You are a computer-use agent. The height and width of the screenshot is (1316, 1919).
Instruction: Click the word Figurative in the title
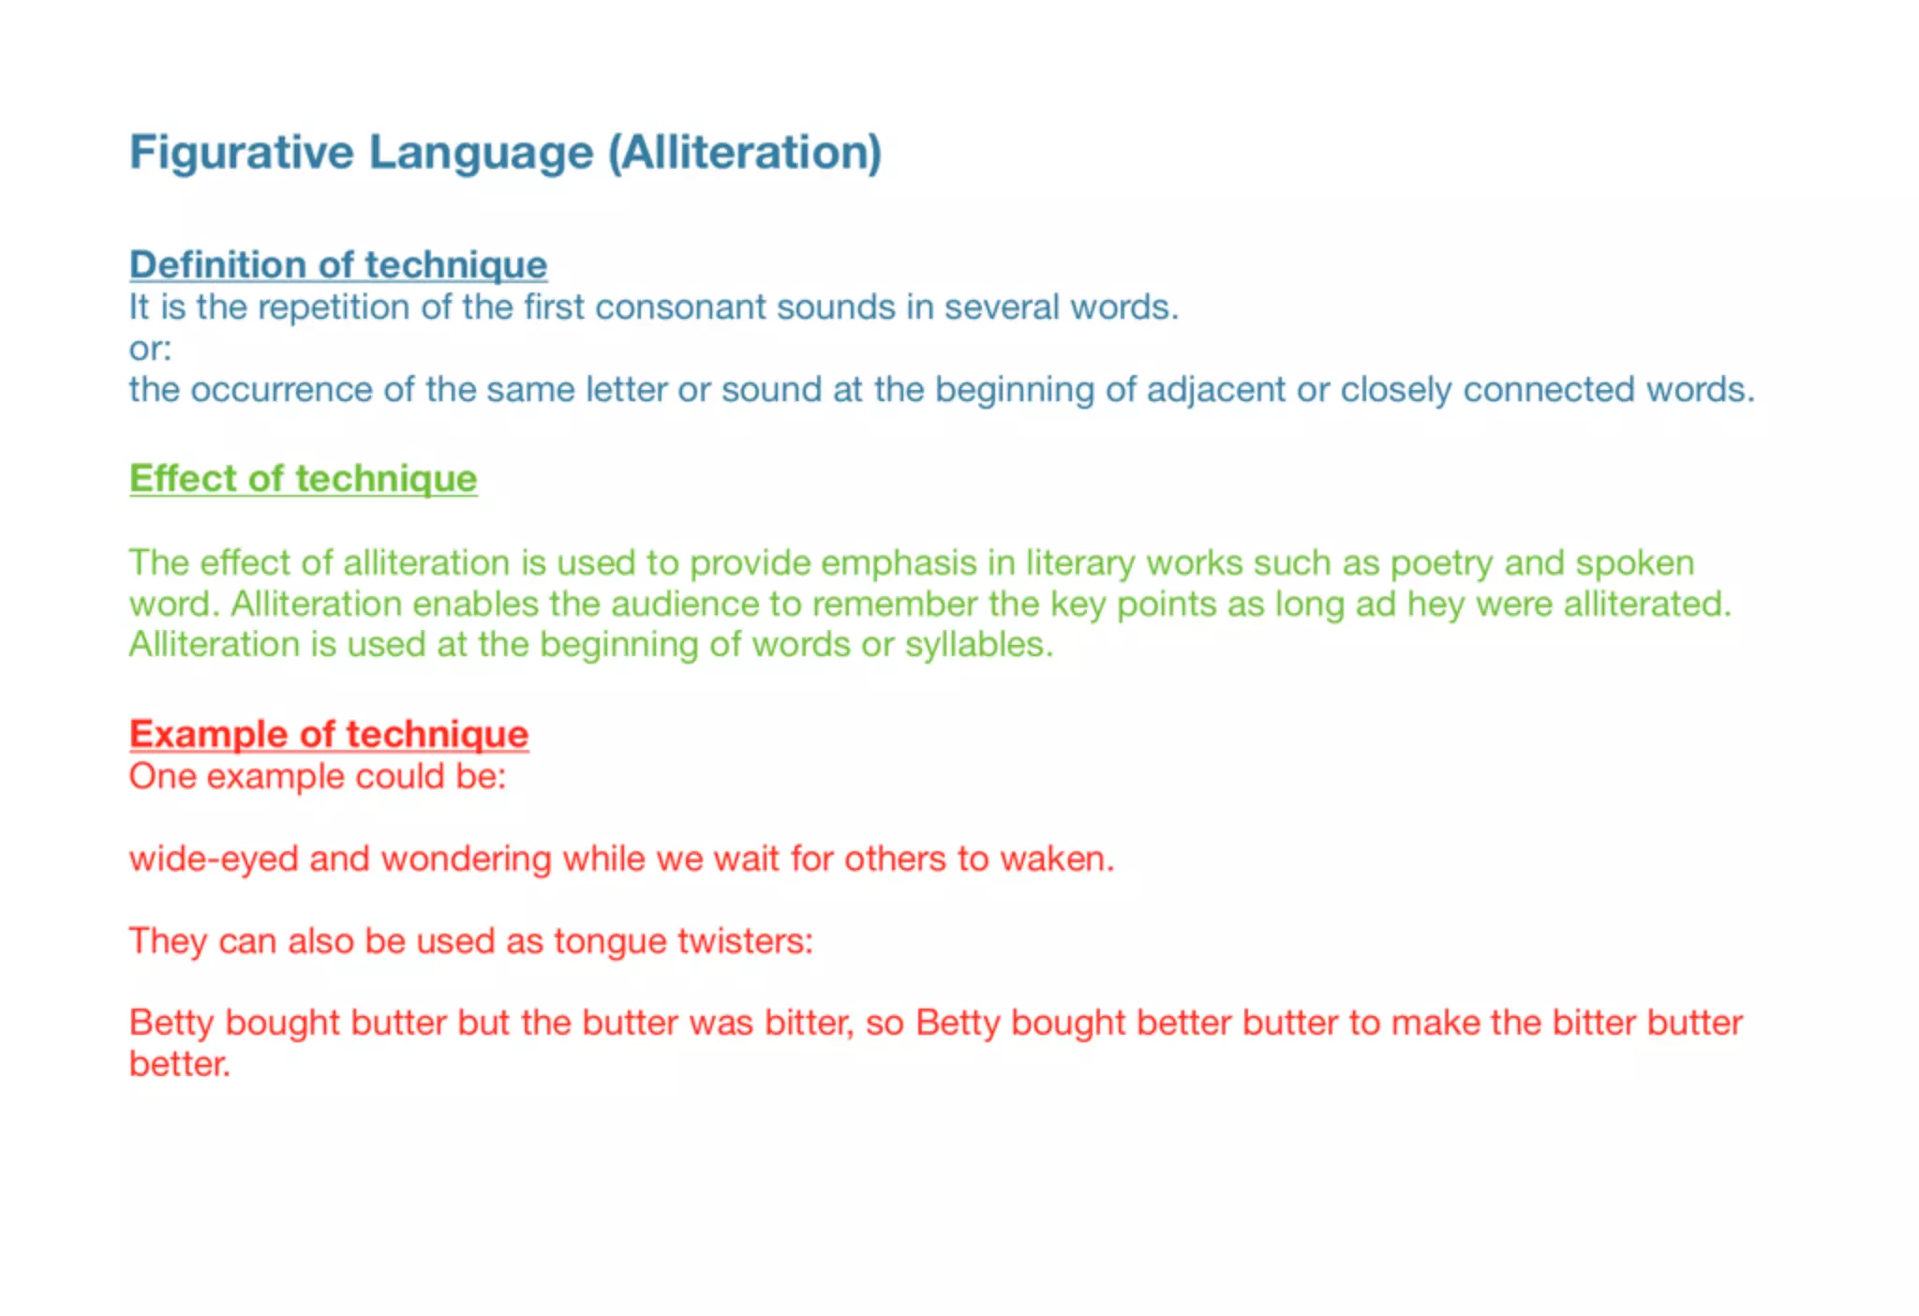242,152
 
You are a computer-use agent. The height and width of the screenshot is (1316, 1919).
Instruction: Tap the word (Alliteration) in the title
745,152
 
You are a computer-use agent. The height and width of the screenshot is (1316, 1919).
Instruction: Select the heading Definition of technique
338,265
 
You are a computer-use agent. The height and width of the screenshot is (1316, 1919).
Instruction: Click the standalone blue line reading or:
150,349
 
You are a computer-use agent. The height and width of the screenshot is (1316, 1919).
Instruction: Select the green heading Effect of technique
304,479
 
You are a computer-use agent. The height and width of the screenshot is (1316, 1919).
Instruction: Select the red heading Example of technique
329,734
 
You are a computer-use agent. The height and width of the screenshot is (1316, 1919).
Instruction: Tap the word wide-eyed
214,860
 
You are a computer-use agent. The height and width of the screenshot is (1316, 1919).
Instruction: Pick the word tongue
610,941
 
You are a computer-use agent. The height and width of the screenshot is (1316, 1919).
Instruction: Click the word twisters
745,941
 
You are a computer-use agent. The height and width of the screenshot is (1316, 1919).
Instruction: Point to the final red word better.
179,1065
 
